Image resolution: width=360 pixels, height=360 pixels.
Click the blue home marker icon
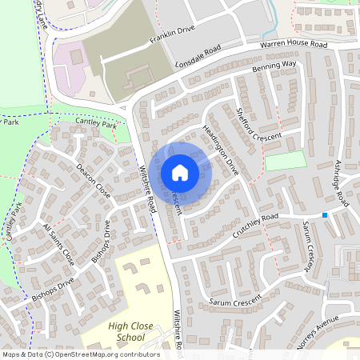coord(180,172)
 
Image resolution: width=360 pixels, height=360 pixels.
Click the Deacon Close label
coord(94,181)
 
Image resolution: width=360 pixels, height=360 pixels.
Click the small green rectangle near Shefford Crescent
coord(286,160)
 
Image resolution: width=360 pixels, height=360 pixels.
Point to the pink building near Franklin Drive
coord(72,59)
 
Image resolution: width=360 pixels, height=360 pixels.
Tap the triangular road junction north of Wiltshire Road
coord(122,107)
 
